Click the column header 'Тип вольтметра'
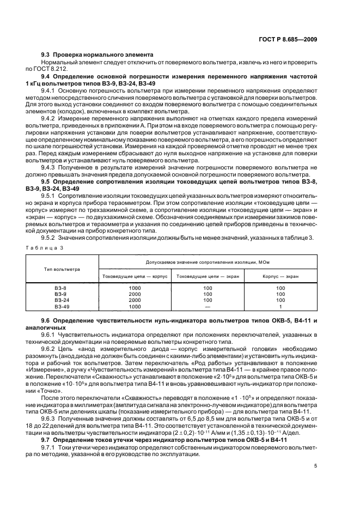(x=62, y=269)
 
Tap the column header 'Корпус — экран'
(x=280, y=277)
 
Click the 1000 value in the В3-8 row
(x=135, y=288)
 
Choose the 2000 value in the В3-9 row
(x=135, y=294)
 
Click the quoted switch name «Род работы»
(x=236, y=361)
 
